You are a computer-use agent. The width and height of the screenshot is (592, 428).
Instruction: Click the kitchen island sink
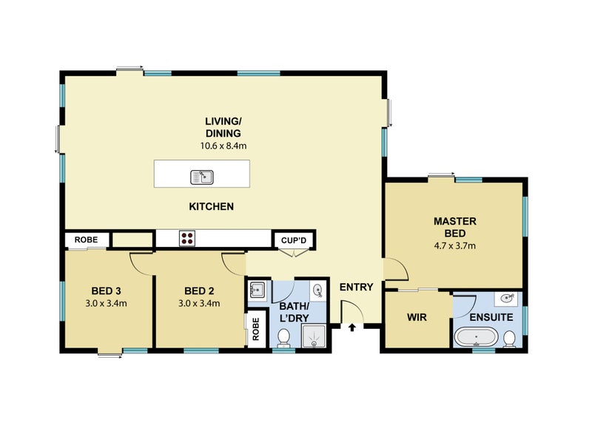tap(202, 177)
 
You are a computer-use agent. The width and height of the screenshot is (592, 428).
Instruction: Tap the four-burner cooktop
tap(187, 238)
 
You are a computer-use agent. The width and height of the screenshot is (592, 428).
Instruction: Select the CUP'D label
tap(294, 240)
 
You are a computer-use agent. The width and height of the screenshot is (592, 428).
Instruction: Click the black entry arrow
tap(352, 327)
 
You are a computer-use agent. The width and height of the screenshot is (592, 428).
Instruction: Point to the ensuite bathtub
tap(477, 337)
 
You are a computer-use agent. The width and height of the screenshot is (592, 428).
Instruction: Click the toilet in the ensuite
tap(510, 339)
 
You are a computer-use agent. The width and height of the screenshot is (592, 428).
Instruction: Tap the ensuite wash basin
tap(506, 299)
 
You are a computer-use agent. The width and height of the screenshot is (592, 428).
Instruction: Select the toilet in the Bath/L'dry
tap(283, 339)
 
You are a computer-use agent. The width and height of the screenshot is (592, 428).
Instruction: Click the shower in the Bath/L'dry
tap(313, 336)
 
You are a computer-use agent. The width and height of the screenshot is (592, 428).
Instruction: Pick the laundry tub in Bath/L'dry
tap(258, 290)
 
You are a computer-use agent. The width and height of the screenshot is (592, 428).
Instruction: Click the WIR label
tap(417, 317)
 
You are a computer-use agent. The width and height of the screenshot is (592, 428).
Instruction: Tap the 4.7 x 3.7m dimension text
tap(454, 246)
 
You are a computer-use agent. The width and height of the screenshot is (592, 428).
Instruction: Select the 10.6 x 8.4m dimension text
tap(223, 146)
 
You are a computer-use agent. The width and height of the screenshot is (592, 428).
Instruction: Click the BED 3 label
tap(106, 291)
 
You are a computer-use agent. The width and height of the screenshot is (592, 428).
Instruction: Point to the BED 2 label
tap(199, 291)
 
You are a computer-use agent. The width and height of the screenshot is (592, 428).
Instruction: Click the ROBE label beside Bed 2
tap(256, 329)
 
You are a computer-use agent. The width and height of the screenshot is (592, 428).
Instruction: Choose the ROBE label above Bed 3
tap(86, 240)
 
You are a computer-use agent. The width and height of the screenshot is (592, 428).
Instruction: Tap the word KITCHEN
tap(212, 206)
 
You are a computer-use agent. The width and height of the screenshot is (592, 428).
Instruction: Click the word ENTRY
tap(356, 288)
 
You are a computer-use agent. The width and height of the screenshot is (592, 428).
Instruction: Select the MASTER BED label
tap(455, 227)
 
